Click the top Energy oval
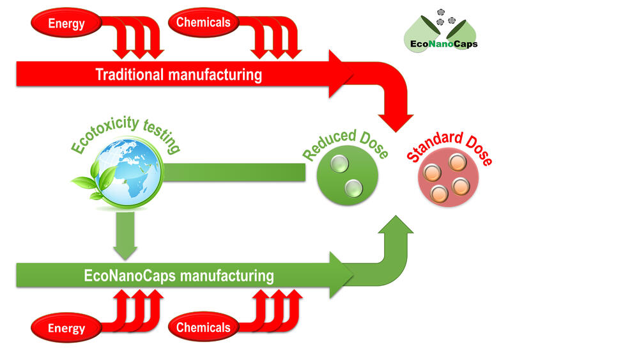66,24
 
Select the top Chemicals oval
203,23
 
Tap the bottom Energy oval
66,329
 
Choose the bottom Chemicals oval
203,327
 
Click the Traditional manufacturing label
178,75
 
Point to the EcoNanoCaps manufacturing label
178,276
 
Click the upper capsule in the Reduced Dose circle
339,164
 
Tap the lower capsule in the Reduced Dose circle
353,189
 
